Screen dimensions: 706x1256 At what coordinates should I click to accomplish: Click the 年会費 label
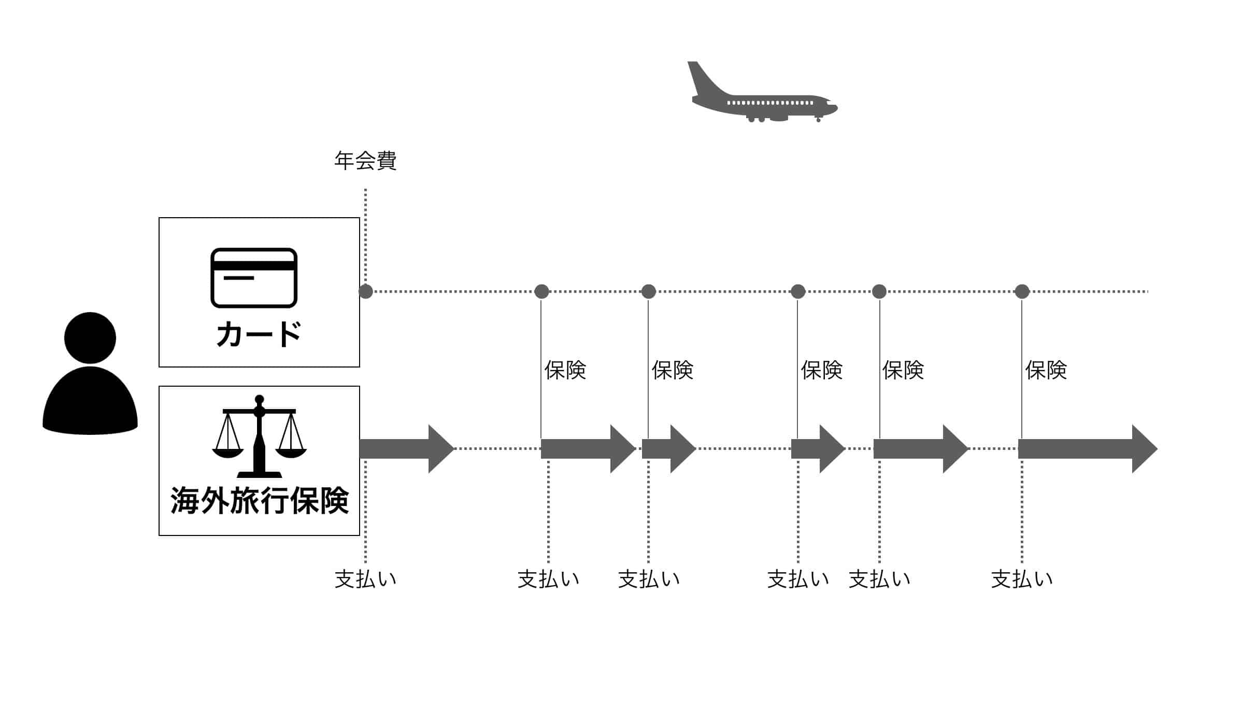click(365, 161)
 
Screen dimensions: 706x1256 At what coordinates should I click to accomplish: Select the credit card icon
click(254, 278)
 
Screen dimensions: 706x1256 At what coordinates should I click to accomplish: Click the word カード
click(259, 334)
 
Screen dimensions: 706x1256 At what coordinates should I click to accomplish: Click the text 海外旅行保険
click(259, 501)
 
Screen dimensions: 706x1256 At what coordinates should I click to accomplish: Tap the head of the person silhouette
click(90, 337)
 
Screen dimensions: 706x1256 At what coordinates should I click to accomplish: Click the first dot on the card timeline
click(366, 291)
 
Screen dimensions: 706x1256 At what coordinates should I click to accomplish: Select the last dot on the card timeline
click(1022, 291)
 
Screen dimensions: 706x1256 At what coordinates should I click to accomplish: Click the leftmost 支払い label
click(365, 579)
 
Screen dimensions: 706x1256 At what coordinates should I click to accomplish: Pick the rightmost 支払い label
click(1022, 579)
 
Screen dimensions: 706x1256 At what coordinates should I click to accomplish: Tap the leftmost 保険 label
click(565, 370)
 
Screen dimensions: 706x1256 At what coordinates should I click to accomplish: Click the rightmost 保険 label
click(1046, 370)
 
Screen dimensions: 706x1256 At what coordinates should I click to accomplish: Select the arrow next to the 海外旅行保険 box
click(406, 449)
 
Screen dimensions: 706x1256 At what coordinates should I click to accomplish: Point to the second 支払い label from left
click(548, 579)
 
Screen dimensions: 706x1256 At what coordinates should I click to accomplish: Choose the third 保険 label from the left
click(821, 370)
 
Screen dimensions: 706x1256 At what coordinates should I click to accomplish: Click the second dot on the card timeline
click(541, 291)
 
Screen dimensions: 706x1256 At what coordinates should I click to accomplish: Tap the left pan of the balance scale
click(228, 452)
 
